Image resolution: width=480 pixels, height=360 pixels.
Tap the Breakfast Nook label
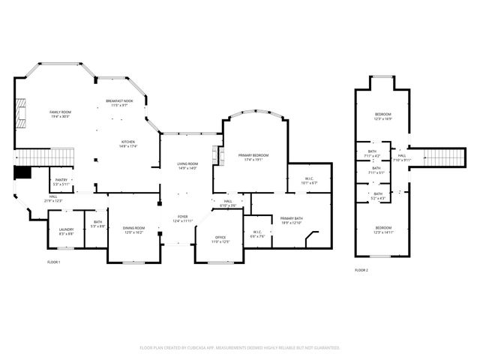point(119,102)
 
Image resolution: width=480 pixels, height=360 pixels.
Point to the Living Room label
point(187,165)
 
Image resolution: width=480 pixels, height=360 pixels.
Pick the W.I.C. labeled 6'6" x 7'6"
point(257,233)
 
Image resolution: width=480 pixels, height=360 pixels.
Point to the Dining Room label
point(134,229)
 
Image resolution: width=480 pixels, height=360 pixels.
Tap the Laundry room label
point(66,232)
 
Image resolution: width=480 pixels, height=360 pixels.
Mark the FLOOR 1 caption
point(53,262)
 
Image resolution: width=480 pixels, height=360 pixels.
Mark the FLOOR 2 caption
point(361,270)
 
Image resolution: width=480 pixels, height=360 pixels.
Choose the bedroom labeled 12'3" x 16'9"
point(383,116)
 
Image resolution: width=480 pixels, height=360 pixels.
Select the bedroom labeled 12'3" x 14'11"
point(383,229)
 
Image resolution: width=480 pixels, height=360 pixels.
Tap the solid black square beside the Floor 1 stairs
point(22,172)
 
